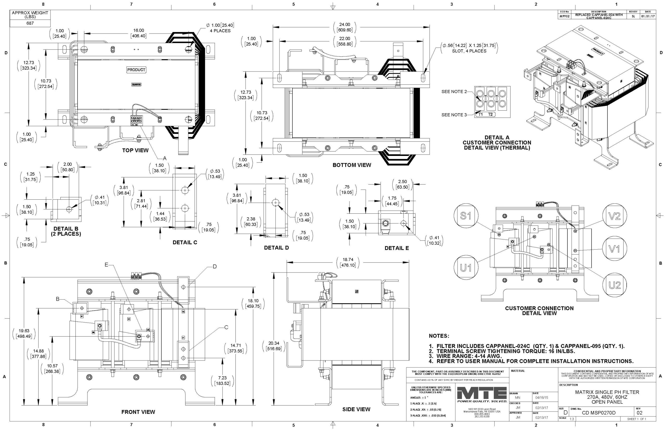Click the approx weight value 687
(30, 23)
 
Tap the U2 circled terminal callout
(614, 285)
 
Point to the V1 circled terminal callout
(614, 249)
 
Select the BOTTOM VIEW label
(351, 165)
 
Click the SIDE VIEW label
(356, 409)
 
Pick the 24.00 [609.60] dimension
(344, 27)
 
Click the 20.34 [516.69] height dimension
(274, 346)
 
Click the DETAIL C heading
(185, 242)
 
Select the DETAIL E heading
(396, 248)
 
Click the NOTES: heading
(439, 336)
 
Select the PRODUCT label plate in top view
(136, 70)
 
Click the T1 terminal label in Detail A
(481, 114)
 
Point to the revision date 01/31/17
(648, 16)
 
